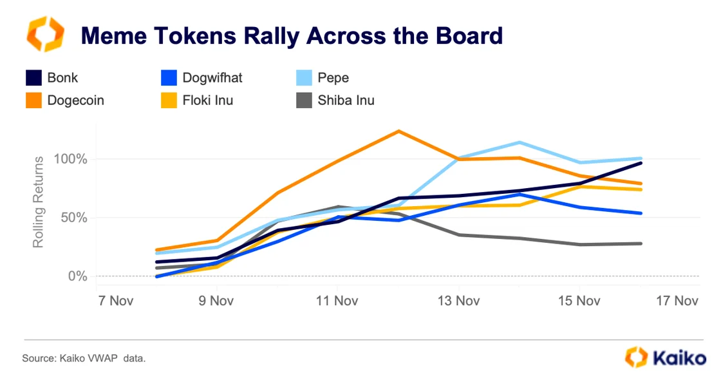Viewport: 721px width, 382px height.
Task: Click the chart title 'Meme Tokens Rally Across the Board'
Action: click(291, 35)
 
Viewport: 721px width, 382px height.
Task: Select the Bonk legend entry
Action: click(51, 78)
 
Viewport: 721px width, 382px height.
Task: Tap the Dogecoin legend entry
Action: click(64, 100)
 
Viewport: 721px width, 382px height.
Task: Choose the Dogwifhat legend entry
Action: click(201, 78)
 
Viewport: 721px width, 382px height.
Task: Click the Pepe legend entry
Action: click(322, 78)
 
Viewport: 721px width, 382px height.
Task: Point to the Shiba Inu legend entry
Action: click(335, 100)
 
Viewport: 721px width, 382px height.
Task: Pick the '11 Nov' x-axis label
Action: click(337, 301)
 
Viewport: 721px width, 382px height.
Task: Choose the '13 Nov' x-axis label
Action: click(458, 301)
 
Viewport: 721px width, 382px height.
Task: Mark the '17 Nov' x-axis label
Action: click(677, 301)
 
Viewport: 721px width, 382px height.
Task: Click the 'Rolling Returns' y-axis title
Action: click(39, 202)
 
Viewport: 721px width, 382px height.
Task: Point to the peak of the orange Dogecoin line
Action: click(399, 131)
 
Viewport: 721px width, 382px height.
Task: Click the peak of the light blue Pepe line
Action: click(520, 142)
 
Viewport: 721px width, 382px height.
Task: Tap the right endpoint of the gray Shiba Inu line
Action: click(641, 244)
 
